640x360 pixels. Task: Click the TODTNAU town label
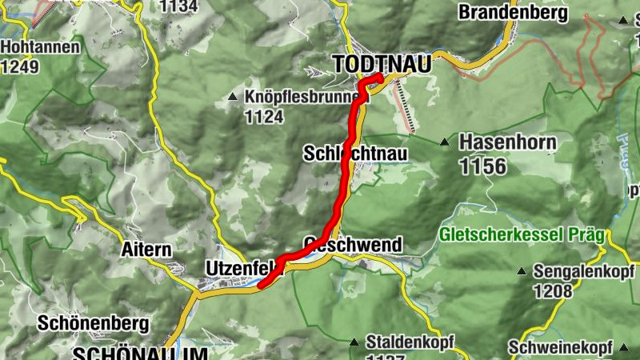[381, 63]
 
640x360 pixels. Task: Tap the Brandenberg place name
[513, 12]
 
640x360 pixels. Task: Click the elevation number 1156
[483, 166]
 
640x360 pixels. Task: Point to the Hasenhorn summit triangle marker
[445, 143]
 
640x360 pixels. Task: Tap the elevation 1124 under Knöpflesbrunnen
[265, 118]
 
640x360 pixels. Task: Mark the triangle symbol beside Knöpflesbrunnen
[233, 98]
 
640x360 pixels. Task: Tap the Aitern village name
[146, 249]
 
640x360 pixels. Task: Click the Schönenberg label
[94, 324]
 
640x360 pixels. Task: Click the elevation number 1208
[553, 291]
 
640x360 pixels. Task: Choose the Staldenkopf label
[409, 342]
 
